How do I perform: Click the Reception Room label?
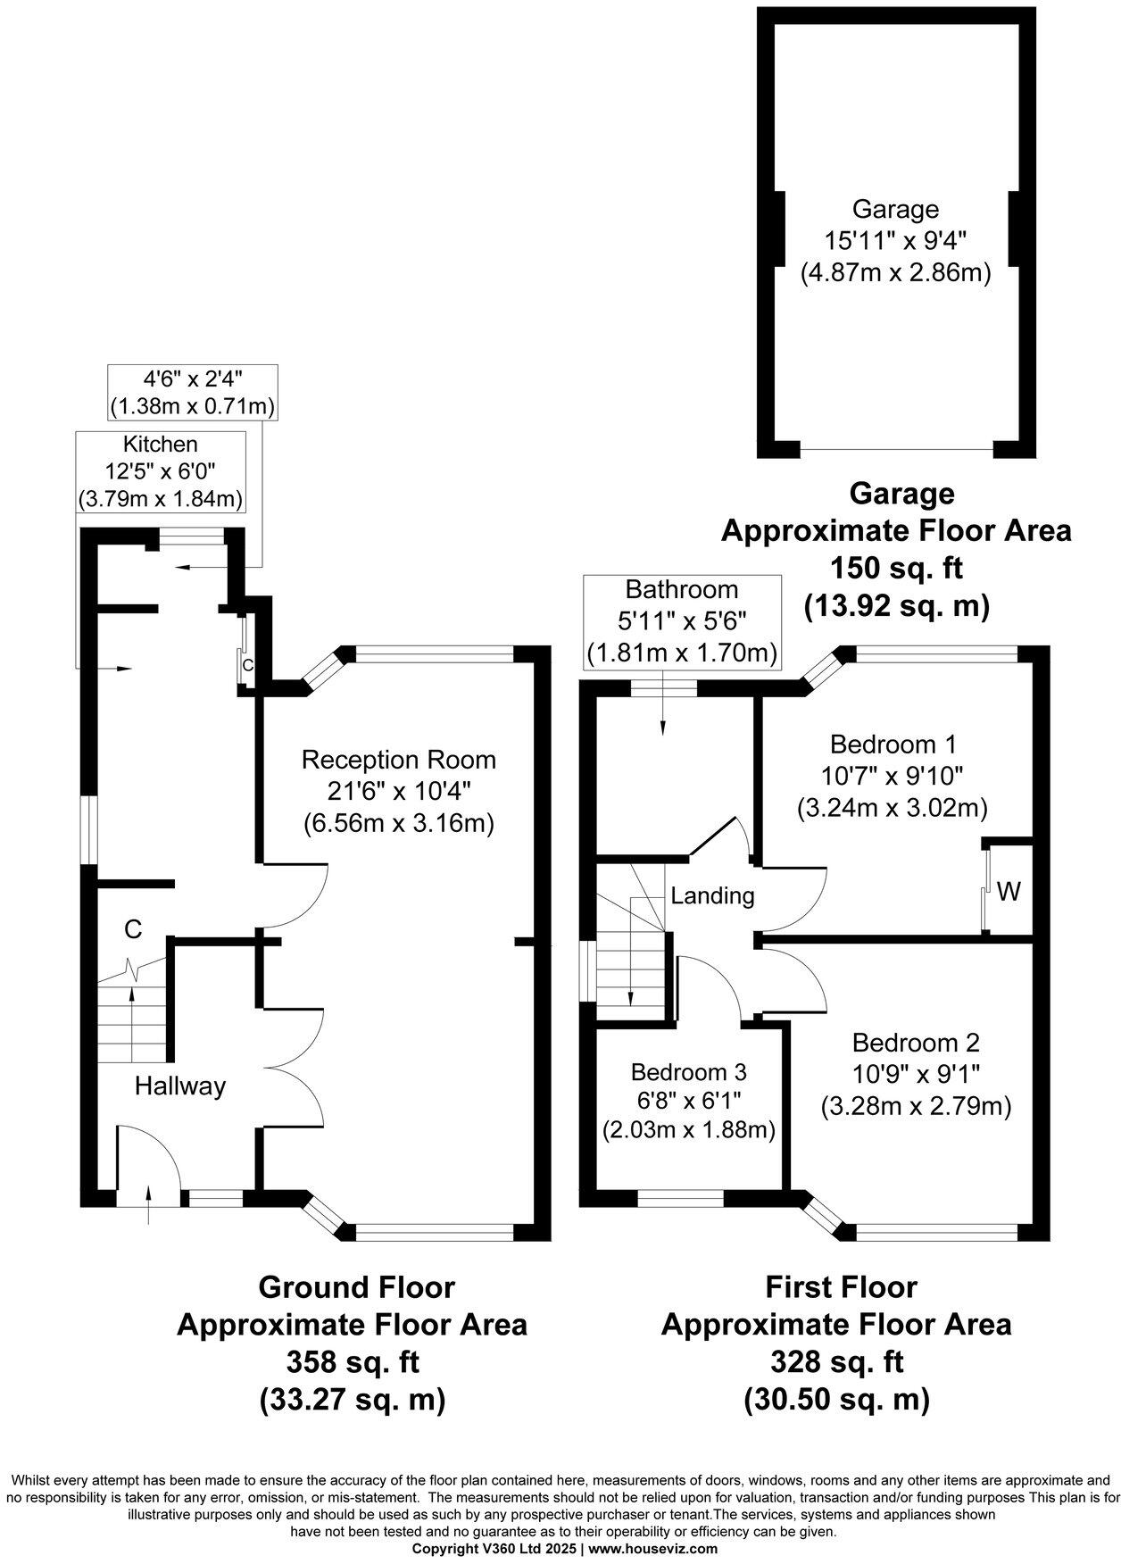coord(398,760)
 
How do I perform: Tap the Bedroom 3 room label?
coord(688,1071)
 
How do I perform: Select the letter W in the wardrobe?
coord(1009,890)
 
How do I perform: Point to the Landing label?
coord(712,895)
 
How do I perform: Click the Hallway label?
coord(180,1086)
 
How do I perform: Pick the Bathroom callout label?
coord(682,589)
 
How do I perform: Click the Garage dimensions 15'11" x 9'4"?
coord(895,240)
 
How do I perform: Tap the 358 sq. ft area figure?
coord(353,1362)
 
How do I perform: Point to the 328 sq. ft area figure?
coord(836,1362)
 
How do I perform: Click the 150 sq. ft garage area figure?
coord(896,568)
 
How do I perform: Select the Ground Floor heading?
coord(356,1287)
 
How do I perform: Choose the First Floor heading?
coord(841,1287)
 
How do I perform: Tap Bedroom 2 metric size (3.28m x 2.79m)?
coord(916,1107)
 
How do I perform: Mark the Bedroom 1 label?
coord(893,744)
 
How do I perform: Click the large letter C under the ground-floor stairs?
coord(133,929)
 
